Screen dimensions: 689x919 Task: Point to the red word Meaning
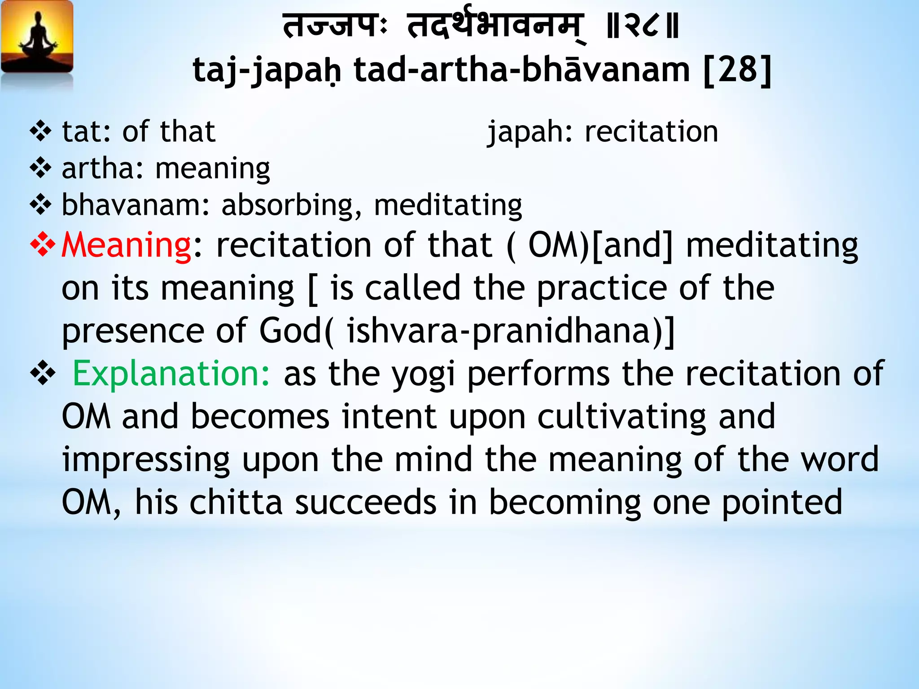[x=127, y=245]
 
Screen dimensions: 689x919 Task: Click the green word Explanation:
[x=171, y=374]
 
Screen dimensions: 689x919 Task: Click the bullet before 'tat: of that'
[x=41, y=131]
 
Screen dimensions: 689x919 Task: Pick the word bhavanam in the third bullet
[x=135, y=205]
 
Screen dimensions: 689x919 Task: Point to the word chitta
[x=236, y=502]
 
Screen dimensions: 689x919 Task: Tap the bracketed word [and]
[x=632, y=245]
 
